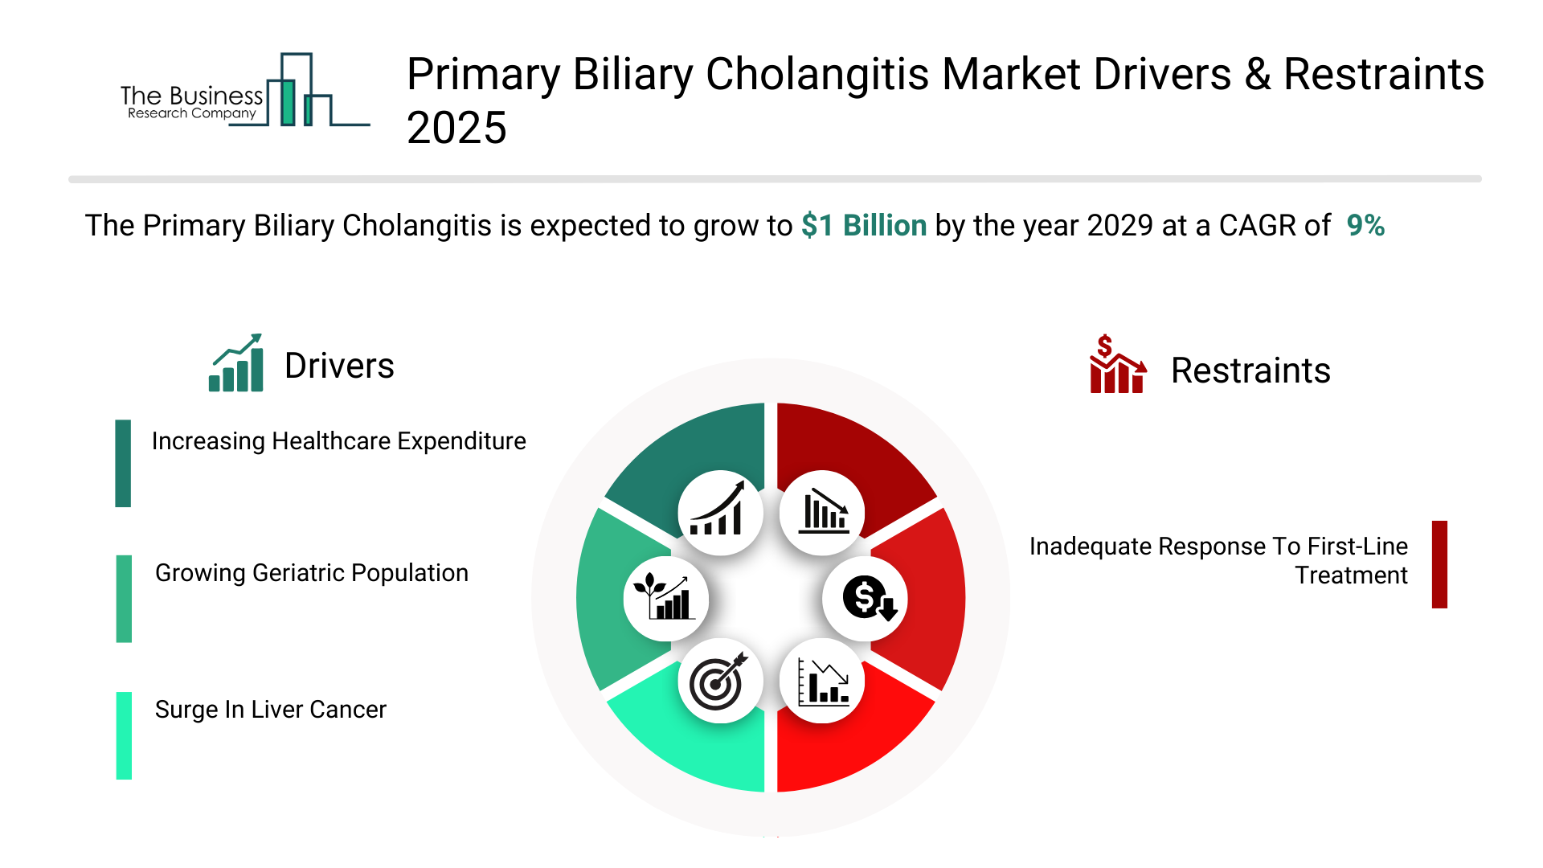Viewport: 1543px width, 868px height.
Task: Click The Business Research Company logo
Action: point(245,90)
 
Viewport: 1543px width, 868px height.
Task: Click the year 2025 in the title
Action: point(456,128)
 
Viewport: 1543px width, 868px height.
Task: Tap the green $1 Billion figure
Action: point(864,226)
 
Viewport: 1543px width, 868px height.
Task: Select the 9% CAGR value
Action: point(1365,226)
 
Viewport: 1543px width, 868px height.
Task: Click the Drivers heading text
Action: point(339,366)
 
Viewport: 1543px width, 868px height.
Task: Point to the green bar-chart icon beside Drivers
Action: point(235,362)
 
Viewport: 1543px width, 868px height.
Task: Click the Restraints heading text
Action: point(1250,371)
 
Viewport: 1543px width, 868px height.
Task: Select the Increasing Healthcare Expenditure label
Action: point(338,441)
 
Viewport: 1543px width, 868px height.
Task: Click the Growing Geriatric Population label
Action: point(312,573)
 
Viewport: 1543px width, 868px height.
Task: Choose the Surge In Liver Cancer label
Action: point(271,710)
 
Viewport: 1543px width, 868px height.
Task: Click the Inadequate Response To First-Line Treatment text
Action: point(1218,561)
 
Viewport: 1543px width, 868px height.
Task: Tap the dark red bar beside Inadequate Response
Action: point(1439,564)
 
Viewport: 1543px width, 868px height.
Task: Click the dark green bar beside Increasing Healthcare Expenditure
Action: point(123,463)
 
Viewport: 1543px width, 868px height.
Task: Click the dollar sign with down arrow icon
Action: point(866,599)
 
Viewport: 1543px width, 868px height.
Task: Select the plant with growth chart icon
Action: point(666,599)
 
